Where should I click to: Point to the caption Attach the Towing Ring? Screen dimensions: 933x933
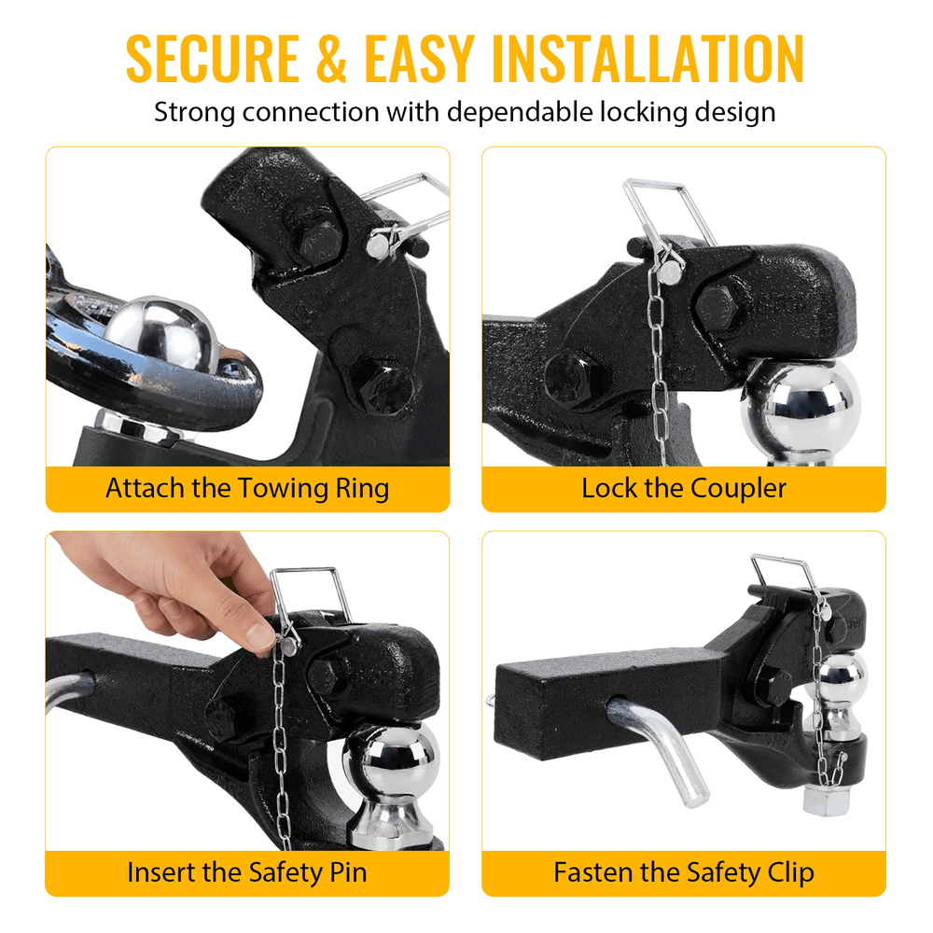247,489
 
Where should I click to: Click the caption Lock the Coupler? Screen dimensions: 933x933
684,489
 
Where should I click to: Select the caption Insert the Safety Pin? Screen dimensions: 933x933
247,873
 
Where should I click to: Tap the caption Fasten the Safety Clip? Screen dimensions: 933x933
684,873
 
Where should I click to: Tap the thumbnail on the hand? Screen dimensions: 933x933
260,636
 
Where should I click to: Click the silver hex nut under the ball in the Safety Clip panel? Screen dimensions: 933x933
826,799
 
